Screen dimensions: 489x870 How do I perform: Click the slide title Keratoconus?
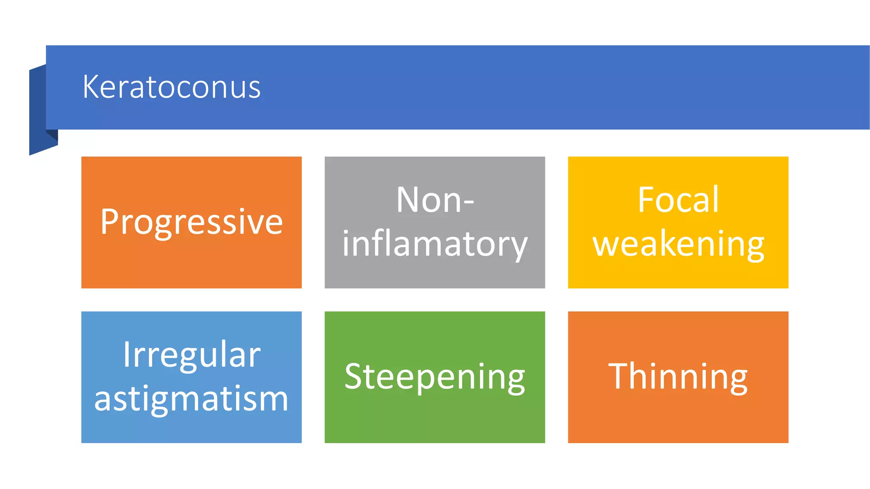(x=171, y=87)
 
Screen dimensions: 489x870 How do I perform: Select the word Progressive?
(x=192, y=222)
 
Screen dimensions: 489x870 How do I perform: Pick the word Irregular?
(x=192, y=354)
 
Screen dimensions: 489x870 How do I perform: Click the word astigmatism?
(x=192, y=399)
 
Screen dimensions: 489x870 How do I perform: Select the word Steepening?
(x=435, y=377)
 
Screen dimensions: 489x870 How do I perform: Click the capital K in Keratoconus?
(x=90, y=87)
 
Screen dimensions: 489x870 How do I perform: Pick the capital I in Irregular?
(x=127, y=354)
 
